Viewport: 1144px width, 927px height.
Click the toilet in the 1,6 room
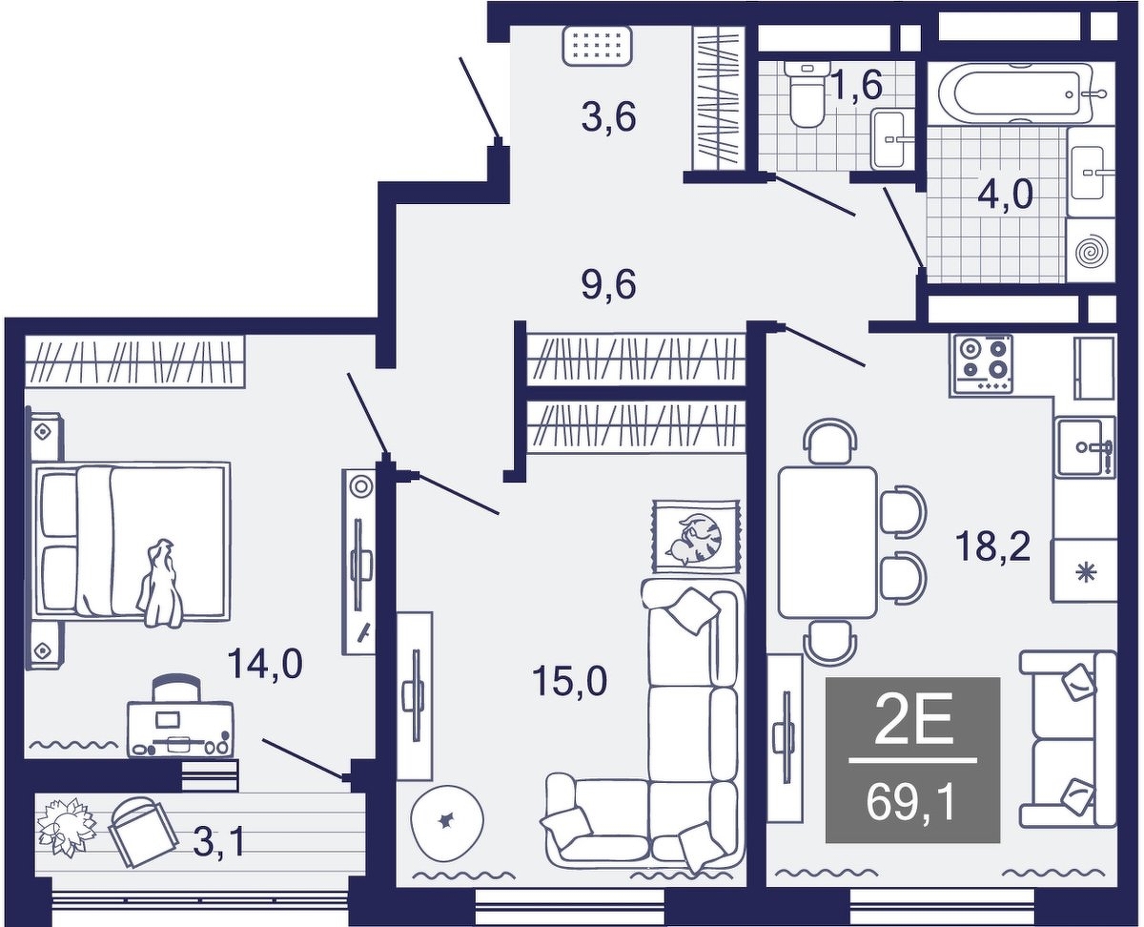804,94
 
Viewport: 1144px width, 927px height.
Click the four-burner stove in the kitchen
982,363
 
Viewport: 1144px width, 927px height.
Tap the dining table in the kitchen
827,543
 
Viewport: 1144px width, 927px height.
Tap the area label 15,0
570,680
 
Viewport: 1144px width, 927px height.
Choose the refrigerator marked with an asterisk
1084,570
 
